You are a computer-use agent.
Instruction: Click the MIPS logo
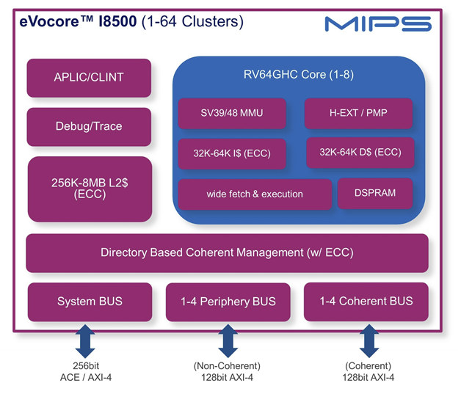[378, 23]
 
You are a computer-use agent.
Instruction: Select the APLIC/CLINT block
[89, 78]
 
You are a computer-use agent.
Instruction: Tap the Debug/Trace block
[89, 127]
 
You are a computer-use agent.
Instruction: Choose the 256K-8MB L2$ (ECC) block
[90, 189]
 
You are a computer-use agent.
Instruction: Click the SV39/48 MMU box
[232, 114]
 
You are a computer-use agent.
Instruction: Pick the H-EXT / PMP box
[358, 114]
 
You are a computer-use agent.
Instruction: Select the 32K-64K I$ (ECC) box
[232, 154]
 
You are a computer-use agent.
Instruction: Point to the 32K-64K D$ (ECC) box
[360, 153]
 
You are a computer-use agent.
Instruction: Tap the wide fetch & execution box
[255, 194]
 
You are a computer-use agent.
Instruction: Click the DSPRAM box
[375, 194]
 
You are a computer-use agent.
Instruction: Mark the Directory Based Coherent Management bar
[227, 253]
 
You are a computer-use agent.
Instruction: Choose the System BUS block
[90, 302]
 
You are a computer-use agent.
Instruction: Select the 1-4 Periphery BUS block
[228, 302]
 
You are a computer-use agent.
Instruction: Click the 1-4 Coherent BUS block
[366, 302]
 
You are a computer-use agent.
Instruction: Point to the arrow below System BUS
[85, 341]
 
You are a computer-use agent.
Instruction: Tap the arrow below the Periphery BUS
[228, 341]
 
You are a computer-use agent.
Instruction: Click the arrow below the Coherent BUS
[369, 341]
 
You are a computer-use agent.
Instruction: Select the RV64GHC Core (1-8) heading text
[299, 75]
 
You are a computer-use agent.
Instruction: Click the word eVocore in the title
[49, 21]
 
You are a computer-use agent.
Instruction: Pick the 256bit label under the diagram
[86, 365]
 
